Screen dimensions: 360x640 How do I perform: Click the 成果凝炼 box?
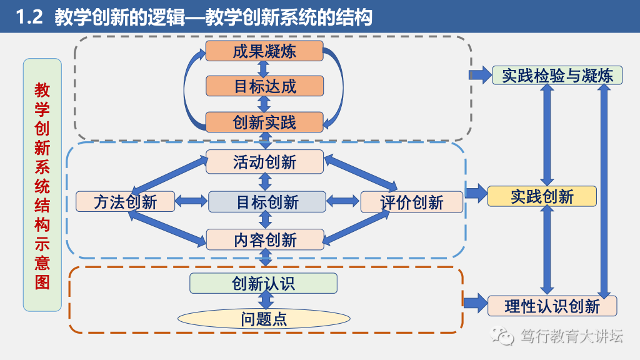click(264, 51)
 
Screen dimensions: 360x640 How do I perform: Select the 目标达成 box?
click(264, 86)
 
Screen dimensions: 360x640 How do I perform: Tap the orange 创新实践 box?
click(264, 122)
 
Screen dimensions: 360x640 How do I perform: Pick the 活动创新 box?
click(264, 162)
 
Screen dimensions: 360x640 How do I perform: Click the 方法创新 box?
click(125, 202)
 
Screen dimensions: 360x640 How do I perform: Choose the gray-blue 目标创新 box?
click(267, 202)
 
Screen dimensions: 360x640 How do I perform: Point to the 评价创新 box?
click(412, 202)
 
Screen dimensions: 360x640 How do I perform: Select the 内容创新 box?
click(265, 239)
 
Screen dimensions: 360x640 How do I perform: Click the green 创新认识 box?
click(263, 283)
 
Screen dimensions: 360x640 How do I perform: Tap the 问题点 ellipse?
click(264, 318)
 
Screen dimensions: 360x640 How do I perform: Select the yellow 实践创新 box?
click(542, 196)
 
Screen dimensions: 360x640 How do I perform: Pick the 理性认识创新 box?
click(552, 306)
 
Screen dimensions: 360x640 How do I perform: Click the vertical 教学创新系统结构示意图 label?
click(42, 185)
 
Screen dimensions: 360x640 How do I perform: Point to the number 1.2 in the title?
click(29, 17)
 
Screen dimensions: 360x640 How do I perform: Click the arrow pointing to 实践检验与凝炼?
click(480, 75)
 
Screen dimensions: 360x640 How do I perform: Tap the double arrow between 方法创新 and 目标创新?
click(191, 201)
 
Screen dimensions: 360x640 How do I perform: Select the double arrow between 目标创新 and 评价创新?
click(343, 201)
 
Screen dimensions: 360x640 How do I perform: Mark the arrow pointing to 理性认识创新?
click(475, 303)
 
